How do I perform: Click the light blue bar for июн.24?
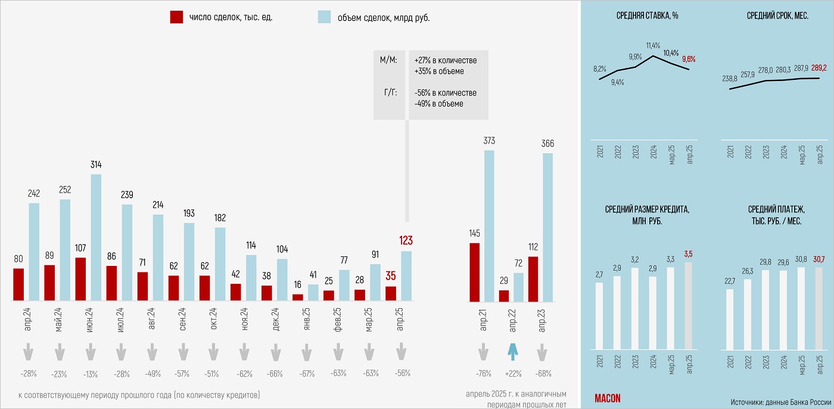tap(96, 237)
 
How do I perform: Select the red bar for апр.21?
tap(474, 271)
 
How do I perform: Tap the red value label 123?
tap(406, 241)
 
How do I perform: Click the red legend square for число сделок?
tap(176, 17)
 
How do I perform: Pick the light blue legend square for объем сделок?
tap(325, 17)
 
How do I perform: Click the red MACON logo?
tap(608, 398)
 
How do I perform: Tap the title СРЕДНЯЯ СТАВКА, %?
tap(648, 16)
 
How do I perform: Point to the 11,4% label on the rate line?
tap(653, 45)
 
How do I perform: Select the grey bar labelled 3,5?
tap(689, 305)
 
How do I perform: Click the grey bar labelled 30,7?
tap(818, 308)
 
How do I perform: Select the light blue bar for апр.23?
tap(547, 227)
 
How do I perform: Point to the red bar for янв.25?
tap(297, 297)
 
